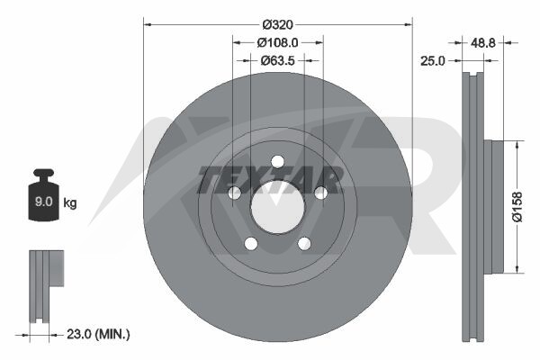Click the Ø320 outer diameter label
277,25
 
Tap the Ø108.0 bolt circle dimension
277,42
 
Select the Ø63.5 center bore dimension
277,60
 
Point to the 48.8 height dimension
482,42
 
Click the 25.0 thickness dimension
433,61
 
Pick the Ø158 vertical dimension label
517,207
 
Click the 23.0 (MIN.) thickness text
98,334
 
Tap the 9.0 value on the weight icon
44,202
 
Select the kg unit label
70,202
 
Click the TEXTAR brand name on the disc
271,179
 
